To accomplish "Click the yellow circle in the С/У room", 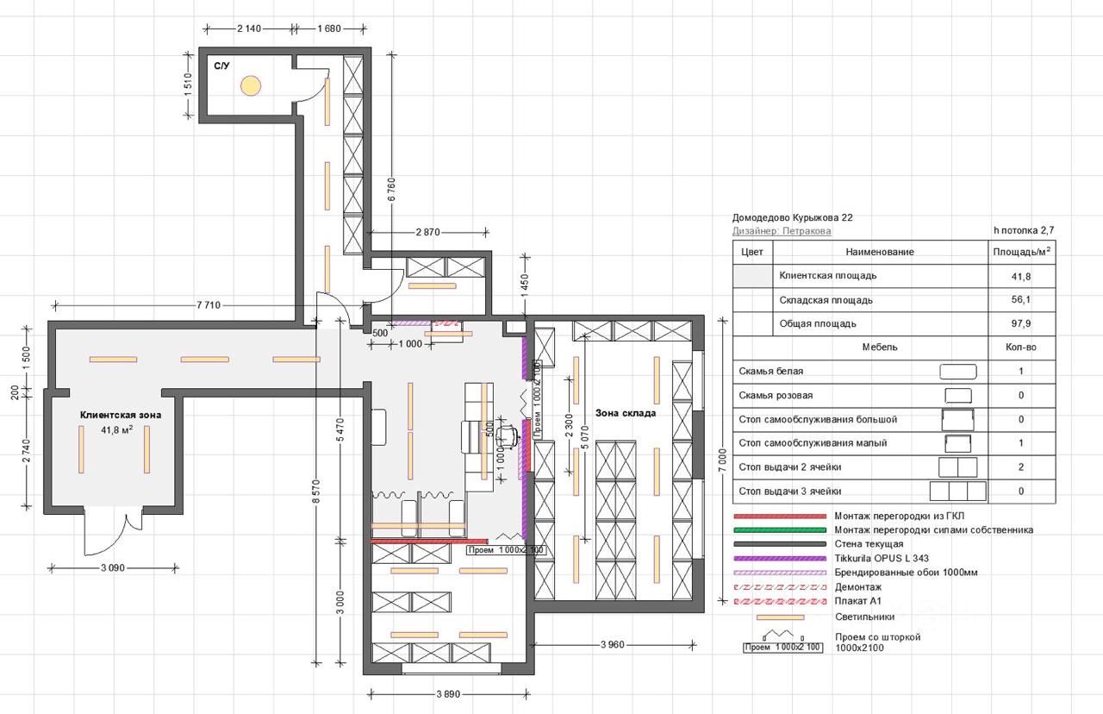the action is click(251, 85).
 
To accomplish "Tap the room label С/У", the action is click(221, 66).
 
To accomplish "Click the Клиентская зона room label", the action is click(121, 416).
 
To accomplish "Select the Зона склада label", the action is click(626, 413).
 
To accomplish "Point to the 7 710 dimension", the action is click(209, 305).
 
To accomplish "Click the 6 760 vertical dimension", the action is click(392, 189).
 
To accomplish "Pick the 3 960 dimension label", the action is click(613, 644).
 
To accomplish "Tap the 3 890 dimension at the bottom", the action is click(448, 694).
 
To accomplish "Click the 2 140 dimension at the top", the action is click(249, 28).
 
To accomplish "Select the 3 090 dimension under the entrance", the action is click(113, 568).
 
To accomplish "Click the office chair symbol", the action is click(507, 437).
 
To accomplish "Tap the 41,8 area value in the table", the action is click(1021, 277).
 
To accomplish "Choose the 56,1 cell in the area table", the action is click(1021, 299).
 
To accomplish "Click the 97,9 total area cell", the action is click(1021, 323).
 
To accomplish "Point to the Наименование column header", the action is click(880, 252).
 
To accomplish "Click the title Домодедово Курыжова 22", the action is click(792, 218).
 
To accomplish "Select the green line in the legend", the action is click(780, 530).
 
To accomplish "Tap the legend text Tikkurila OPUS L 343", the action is click(882, 559).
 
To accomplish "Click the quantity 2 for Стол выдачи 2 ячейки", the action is click(1021, 467).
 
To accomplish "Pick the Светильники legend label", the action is click(864, 617).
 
